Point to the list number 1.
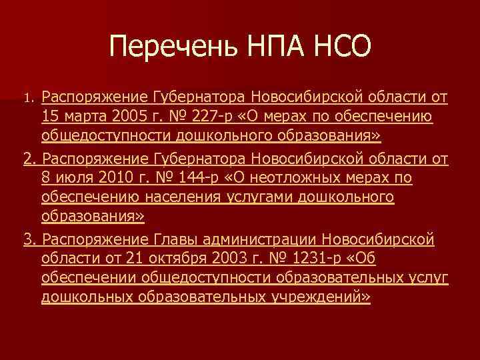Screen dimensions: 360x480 pos(28,99)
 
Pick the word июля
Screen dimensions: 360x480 pos(73,178)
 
